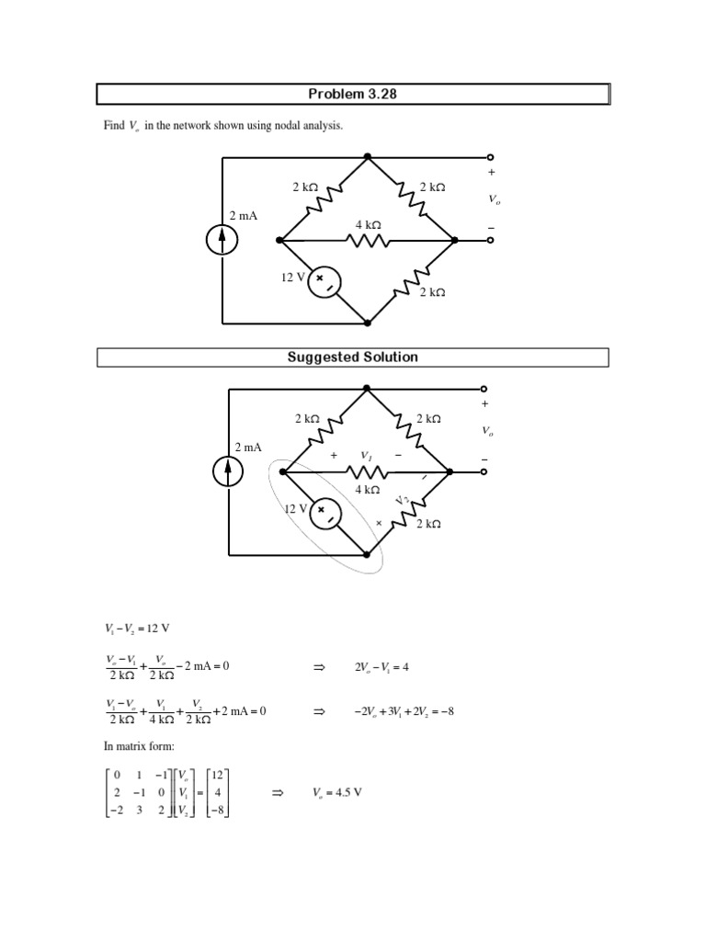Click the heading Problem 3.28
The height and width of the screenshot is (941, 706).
tap(353, 95)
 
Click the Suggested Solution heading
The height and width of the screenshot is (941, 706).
tap(353, 357)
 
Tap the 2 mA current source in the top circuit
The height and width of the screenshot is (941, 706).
tap(222, 240)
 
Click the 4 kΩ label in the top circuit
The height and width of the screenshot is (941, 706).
tap(368, 225)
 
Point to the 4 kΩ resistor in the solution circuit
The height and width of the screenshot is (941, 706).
tap(366, 472)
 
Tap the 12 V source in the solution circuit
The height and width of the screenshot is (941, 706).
tap(325, 514)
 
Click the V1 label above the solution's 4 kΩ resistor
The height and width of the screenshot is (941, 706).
tap(366, 455)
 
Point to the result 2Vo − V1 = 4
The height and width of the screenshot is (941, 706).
tap(381, 667)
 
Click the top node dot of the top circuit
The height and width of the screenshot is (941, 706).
tap(367, 156)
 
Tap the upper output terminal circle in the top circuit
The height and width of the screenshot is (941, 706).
tap(490, 156)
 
